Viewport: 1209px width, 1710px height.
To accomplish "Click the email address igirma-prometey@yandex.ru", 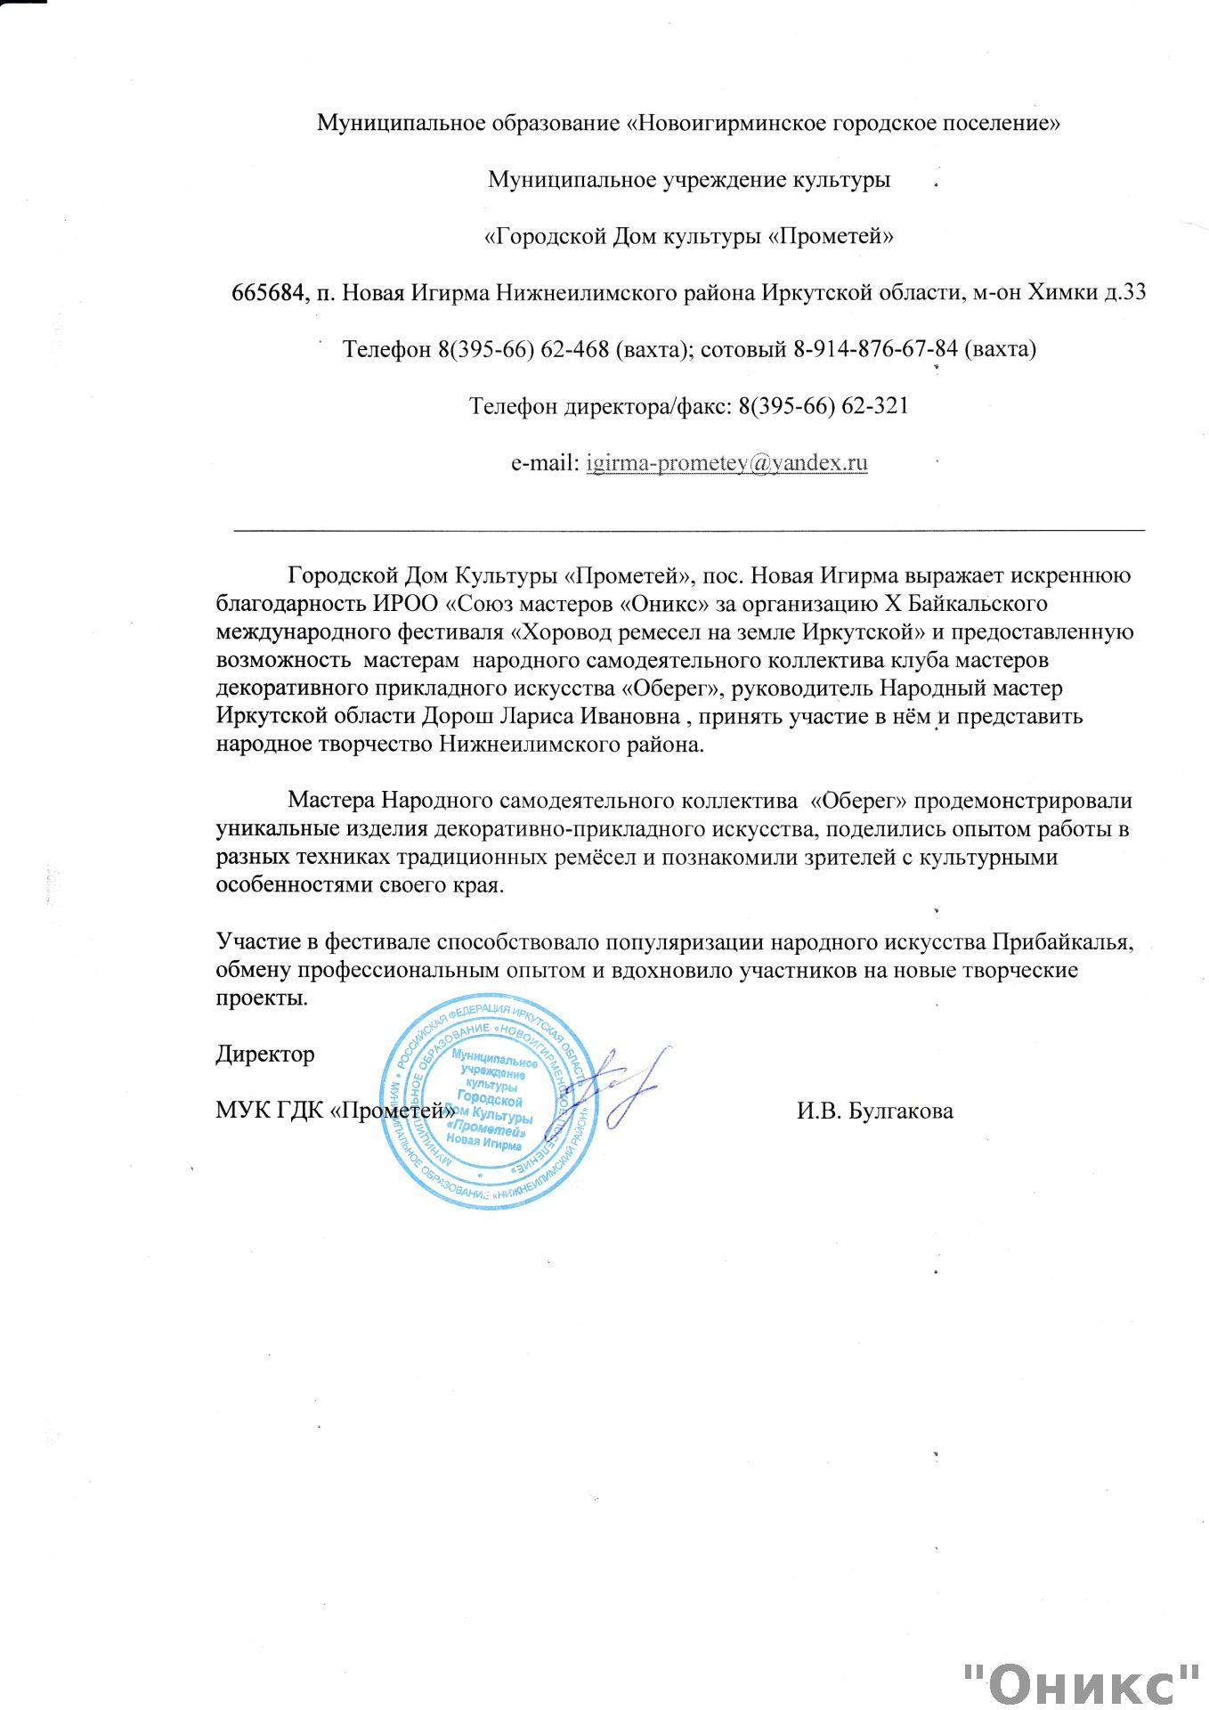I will (726, 463).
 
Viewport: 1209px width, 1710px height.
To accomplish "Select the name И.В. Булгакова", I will (874, 1111).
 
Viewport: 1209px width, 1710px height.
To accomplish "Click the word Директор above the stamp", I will (265, 1054).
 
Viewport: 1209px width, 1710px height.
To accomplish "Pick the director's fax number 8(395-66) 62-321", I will (823, 406).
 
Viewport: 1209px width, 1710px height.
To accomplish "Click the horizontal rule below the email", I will (688, 530).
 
